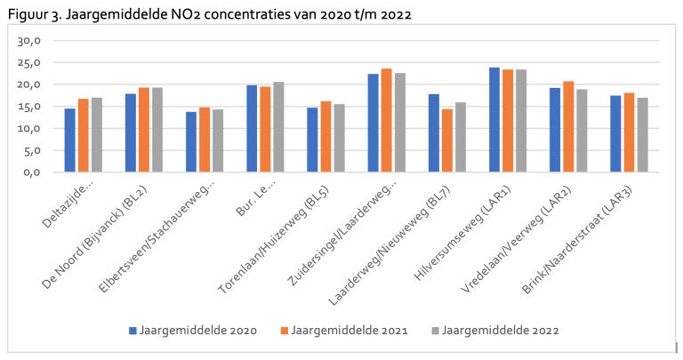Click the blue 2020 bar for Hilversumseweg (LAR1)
coord(494,120)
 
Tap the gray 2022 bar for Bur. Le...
coord(278,127)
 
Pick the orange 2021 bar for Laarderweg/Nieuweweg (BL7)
coord(447,140)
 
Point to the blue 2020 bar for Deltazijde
coord(69,140)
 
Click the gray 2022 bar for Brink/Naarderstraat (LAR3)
coord(642,135)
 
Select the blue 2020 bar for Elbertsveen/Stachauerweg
coord(191,142)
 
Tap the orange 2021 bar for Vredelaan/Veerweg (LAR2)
coord(568,127)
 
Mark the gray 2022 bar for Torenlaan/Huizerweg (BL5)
coord(340,138)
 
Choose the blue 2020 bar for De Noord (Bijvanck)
coord(131,132)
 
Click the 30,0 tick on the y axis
coord(28,41)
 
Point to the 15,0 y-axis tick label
coord(28,107)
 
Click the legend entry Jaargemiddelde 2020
coord(193,331)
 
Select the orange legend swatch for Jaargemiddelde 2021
coord(285,331)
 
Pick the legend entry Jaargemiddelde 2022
coord(494,331)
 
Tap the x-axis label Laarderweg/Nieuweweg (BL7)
coord(389,246)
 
